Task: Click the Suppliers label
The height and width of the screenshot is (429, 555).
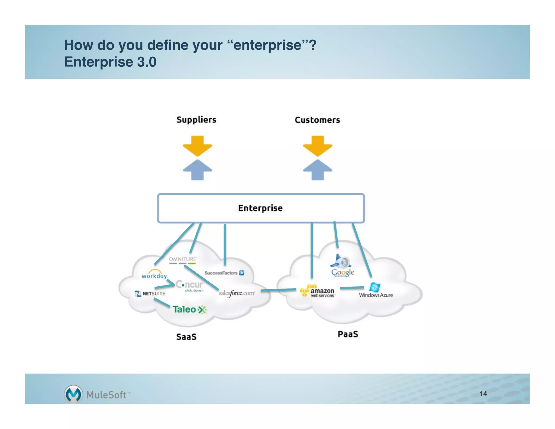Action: [x=196, y=120]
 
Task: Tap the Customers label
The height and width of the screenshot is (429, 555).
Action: [x=317, y=120]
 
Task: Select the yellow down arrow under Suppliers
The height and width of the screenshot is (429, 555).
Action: [x=197, y=146]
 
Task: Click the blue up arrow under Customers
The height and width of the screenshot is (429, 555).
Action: [x=317, y=170]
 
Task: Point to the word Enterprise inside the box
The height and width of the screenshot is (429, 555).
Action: [x=260, y=208]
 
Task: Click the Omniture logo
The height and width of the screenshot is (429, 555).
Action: [x=183, y=260]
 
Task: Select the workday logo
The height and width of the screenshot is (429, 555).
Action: [x=154, y=275]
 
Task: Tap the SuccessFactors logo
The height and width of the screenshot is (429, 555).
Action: [x=224, y=273]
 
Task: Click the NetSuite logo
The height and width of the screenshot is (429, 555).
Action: [x=150, y=293]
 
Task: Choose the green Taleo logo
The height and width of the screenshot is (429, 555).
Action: [x=189, y=309]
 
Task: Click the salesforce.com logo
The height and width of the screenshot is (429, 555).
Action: [x=237, y=293]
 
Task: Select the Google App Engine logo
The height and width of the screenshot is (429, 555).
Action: [x=342, y=266]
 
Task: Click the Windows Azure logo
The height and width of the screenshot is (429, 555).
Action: [x=376, y=290]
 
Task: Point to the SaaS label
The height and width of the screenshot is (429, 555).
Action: [x=186, y=337]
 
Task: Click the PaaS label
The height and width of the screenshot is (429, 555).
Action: [x=348, y=334]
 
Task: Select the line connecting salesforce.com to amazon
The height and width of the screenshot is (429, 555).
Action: [x=278, y=290]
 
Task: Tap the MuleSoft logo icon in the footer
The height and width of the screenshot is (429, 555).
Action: [x=73, y=394]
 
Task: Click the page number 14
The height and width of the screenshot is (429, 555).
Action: [x=483, y=394]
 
